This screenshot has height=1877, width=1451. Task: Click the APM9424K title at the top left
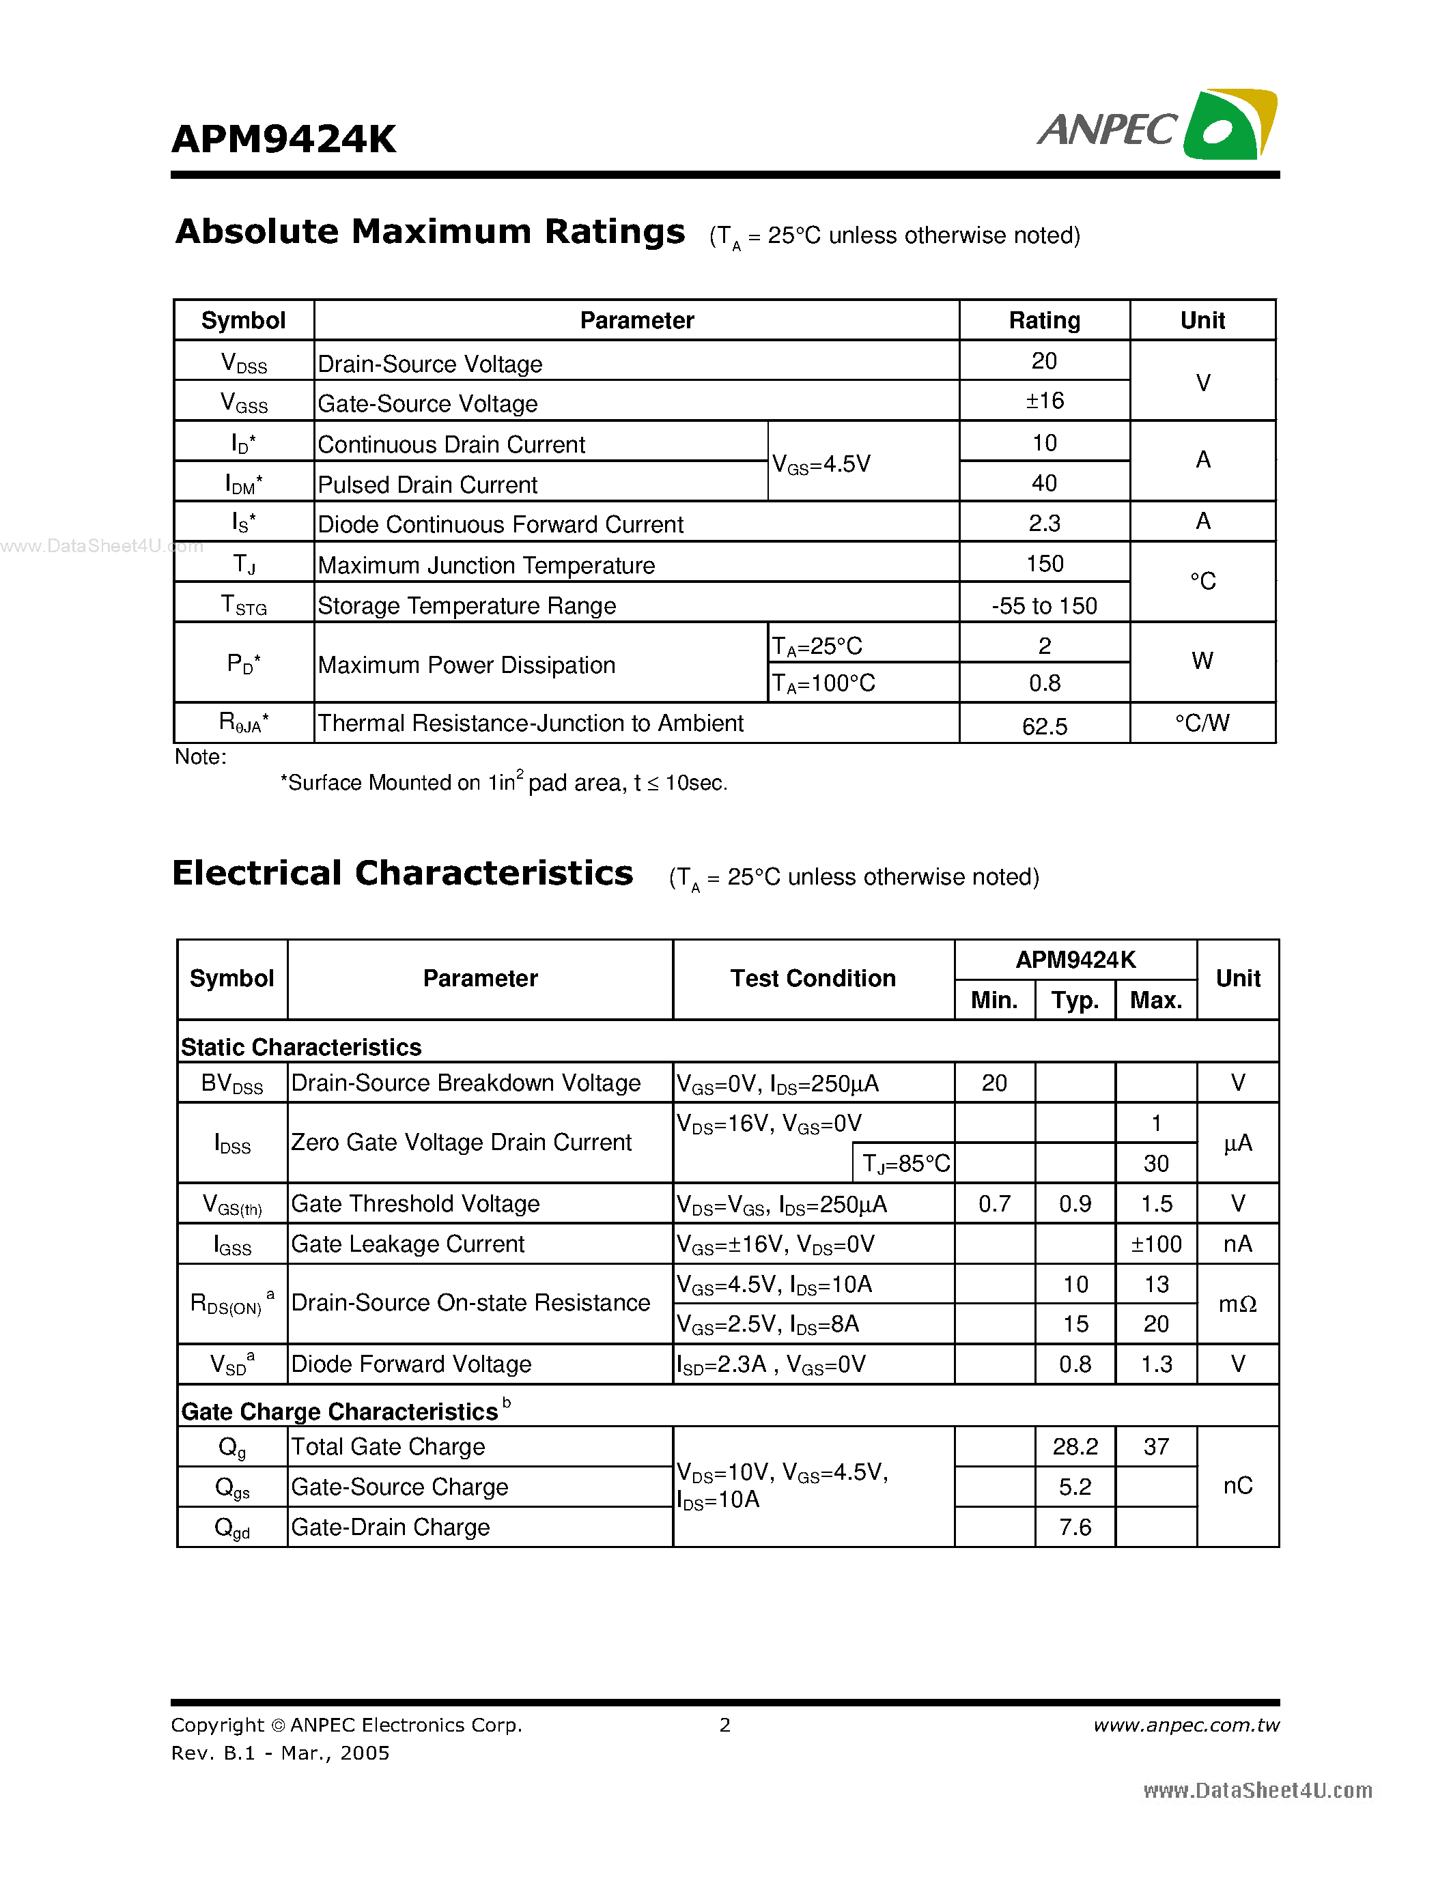coord(283,139)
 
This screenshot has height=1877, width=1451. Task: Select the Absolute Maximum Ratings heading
coord(429,232)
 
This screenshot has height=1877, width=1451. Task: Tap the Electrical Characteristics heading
coord(402,873)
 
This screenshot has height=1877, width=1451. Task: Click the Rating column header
coord(1043,321)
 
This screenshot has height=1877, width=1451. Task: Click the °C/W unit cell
coord(1202,723)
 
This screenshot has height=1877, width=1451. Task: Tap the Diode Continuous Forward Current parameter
coord(501,524)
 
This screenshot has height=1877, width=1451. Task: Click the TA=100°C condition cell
coord(823,683)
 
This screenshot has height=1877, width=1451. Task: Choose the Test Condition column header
coord(813,978)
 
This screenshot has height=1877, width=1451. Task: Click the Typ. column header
coord(1075,1001)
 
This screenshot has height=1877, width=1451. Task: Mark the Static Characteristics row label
coord(301,1047)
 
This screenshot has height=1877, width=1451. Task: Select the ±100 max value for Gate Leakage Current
coord(1155,1244)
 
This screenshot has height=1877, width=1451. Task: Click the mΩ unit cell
coord(1237,1304)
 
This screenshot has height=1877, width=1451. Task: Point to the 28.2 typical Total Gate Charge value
coord(1075,1446)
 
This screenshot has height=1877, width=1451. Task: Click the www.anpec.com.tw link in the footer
coord(1185,1725)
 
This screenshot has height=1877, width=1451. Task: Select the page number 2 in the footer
coord(724,1725)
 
